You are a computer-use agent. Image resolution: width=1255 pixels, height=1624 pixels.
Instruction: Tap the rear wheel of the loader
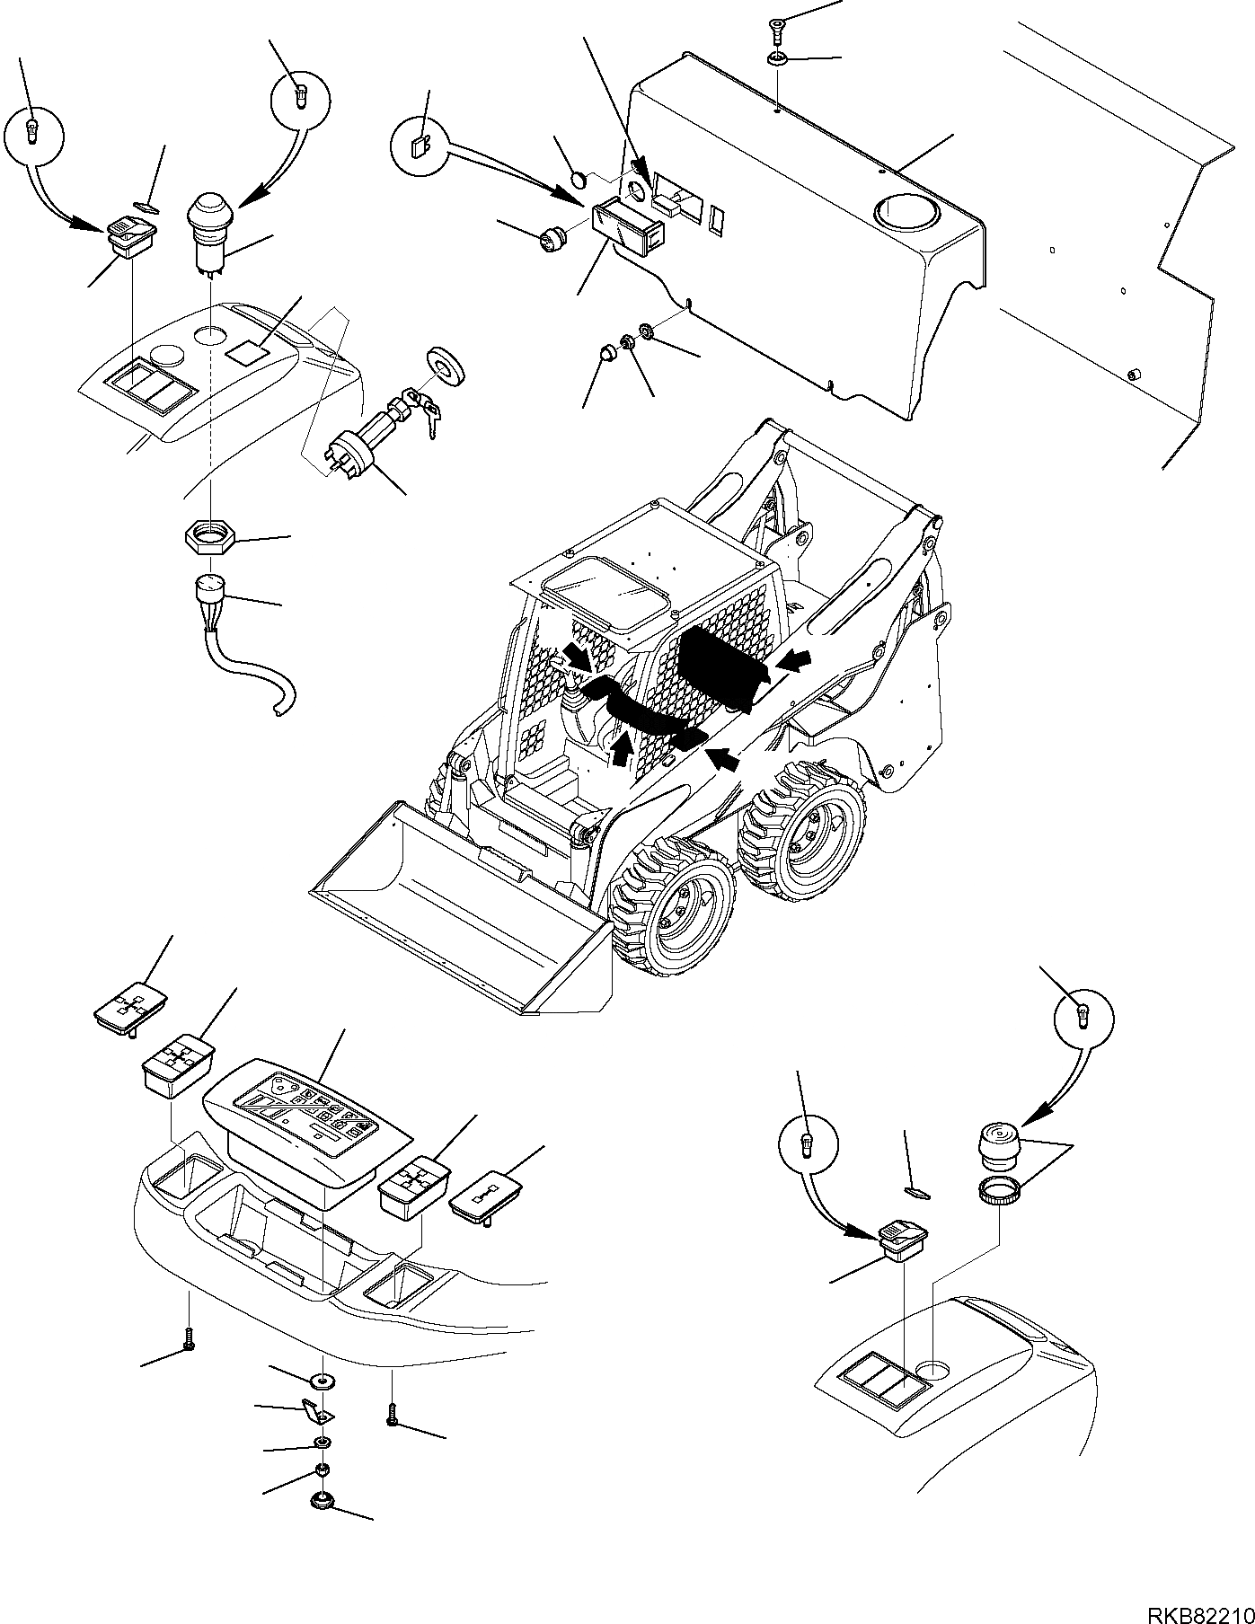[x=802, y=830]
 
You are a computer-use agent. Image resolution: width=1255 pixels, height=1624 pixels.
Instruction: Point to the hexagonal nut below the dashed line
[x=209, y=539]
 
